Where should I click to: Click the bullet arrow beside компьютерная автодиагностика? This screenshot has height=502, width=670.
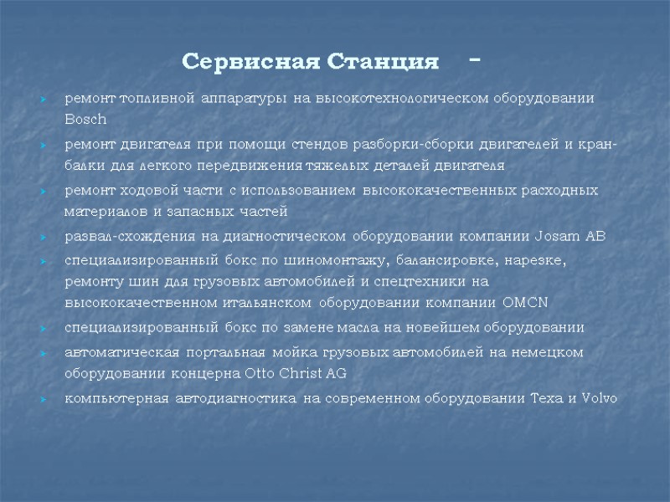(x=44, y=398)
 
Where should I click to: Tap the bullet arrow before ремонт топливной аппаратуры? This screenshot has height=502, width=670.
(x=44, y=100)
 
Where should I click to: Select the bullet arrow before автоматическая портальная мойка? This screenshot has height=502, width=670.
(x=44, y=353)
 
